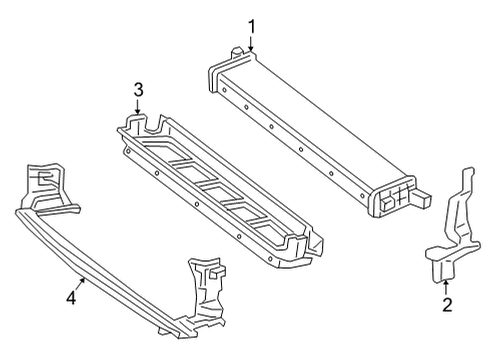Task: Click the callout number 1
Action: coord(252,27)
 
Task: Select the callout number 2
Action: coord(447,305)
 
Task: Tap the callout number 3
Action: coord(138,90)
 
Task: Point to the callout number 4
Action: coord(71,297)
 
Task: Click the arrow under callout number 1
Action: coord(252,43)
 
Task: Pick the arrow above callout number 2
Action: coord(446,288)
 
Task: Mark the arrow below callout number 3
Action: coord(138,106)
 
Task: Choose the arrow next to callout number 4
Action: coord(81,284)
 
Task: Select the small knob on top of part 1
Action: coord(237,51)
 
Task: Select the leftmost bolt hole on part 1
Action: coord(225,89)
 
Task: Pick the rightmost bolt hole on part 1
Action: coord(362,196)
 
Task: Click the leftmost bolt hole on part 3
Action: coord(127,150)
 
